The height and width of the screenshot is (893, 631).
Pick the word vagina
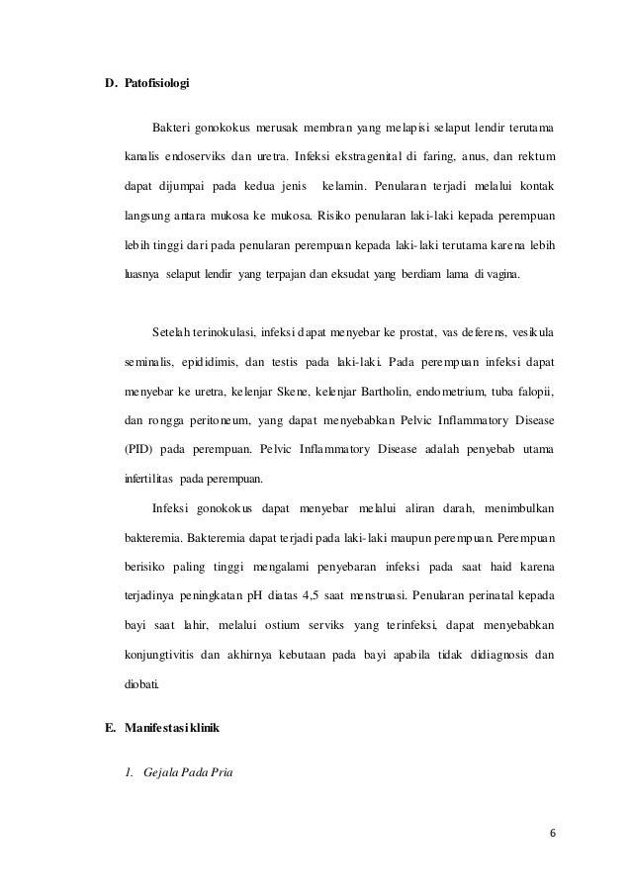[512, 268]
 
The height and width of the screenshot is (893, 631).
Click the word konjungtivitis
[167, 627]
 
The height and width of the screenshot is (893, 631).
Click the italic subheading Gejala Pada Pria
[187, 770]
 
